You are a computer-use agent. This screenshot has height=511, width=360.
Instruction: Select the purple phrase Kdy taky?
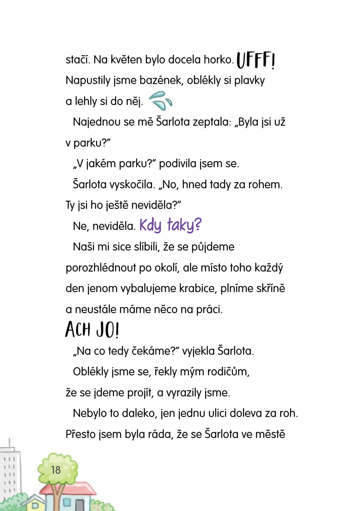(170, 225)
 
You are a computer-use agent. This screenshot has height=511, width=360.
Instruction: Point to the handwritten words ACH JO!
(92, 330)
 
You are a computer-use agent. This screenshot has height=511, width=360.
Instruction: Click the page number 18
(56, 470)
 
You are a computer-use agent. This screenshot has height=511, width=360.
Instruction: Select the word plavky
(249, 80)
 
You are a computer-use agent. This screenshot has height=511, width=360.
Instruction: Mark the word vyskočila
(133, 184)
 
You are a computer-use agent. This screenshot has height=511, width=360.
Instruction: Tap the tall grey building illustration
(10, 470)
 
